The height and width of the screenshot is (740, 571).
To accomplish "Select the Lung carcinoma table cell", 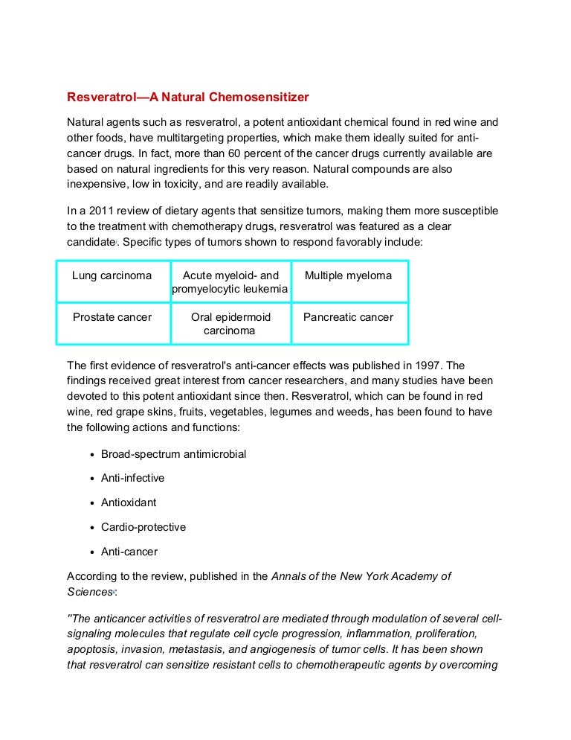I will coord(112,275).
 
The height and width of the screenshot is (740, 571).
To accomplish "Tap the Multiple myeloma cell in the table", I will coord(348,275).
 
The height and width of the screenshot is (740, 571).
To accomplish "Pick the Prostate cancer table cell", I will coord(112,317).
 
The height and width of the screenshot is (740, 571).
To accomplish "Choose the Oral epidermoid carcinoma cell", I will coord(230,323).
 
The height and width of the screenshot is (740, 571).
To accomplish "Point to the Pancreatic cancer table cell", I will coord(348,317).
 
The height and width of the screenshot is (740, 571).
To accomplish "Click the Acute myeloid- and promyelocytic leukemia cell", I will coord(230,282).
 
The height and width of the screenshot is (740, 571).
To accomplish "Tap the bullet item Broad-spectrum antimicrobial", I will coord(173,454).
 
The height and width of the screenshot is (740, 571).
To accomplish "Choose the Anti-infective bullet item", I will coord(132,478).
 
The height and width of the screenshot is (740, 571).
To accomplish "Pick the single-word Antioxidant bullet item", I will coord(129,503).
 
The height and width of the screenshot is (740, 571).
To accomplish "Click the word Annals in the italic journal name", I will coord(289,576).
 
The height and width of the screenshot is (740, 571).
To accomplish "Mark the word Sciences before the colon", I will coord(88,593).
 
